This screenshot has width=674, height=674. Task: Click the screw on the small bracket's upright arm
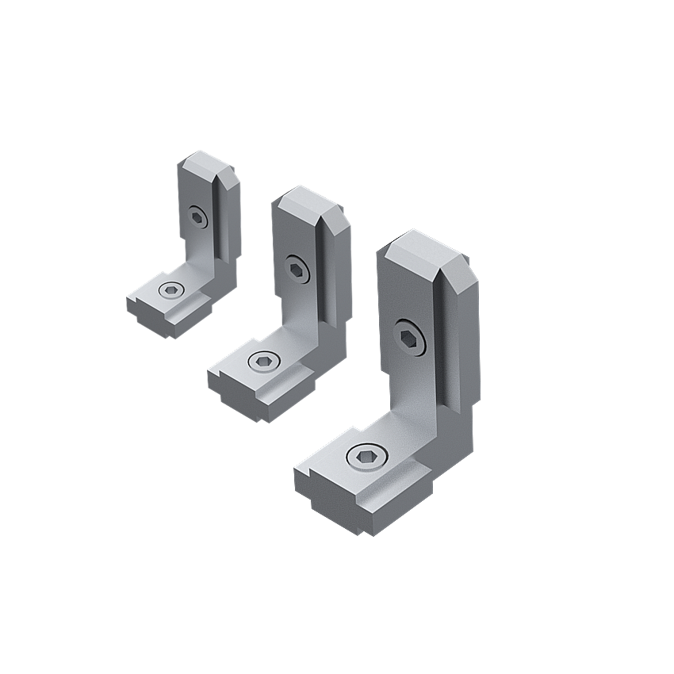(197, 216)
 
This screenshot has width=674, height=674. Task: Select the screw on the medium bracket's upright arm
(297, 270)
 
